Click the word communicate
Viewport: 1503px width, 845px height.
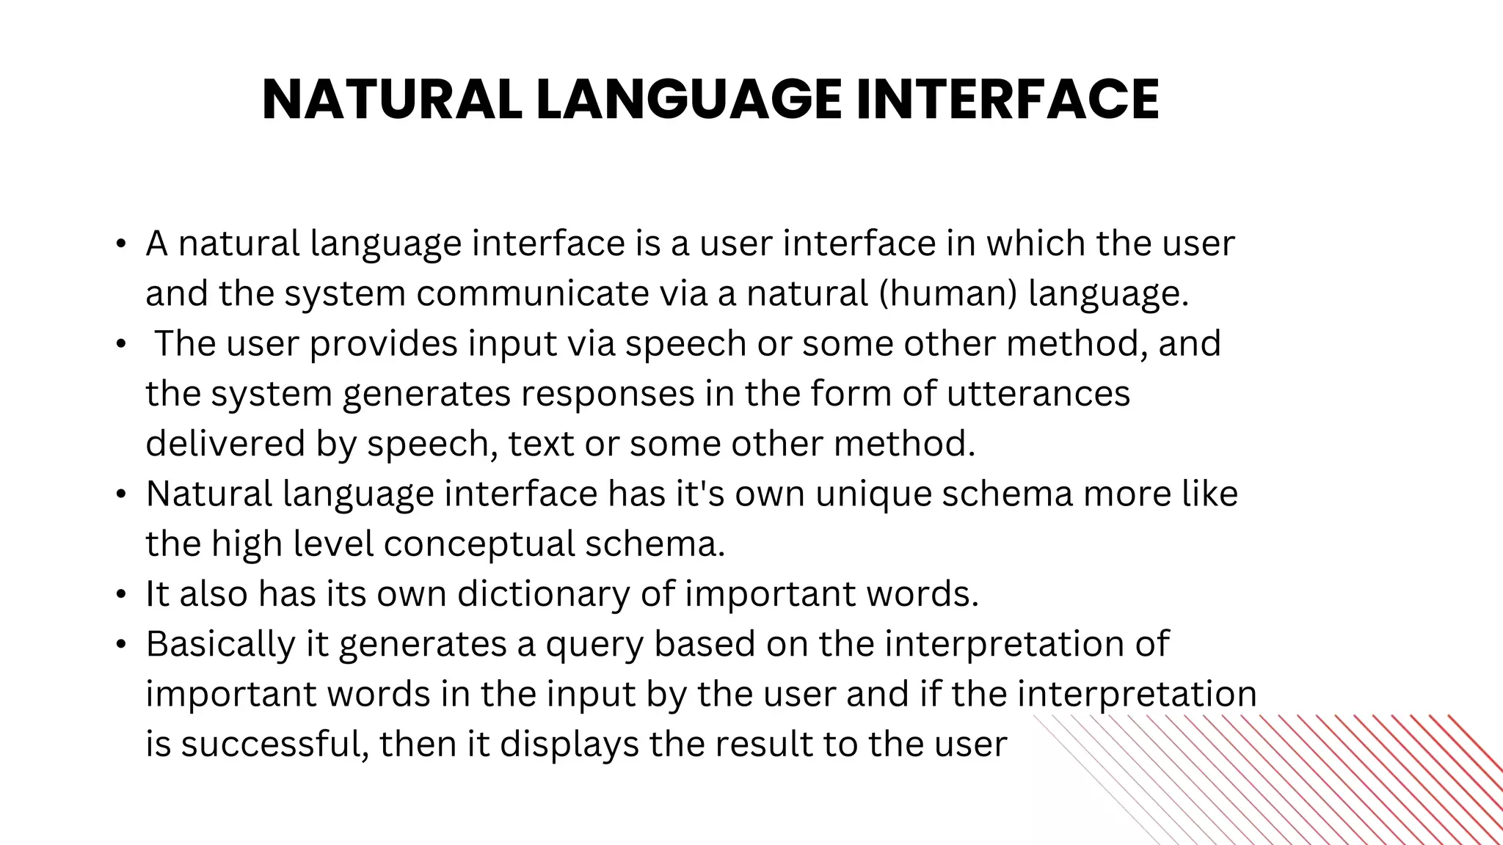coord(533,293)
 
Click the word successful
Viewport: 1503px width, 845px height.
coord(274,743)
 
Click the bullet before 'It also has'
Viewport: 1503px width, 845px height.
coord(121,593)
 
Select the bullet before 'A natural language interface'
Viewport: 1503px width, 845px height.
coord(121,244)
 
